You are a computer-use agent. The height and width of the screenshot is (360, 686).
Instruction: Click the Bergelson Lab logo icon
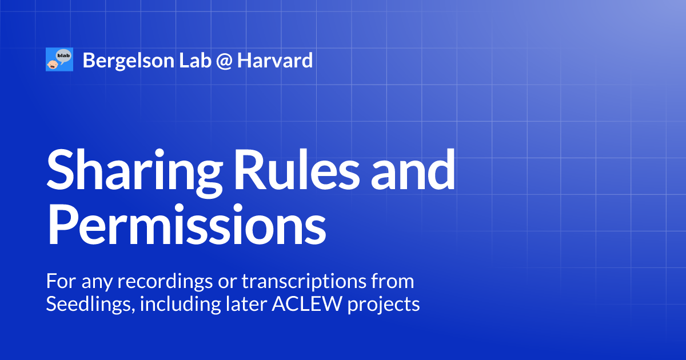pyautogui.click(x=59, y=60)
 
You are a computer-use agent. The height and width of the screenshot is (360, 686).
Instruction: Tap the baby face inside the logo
pyautogui.click(x=52, y=64)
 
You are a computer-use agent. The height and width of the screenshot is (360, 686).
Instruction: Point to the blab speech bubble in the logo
pyautogui.click(x=63, y=56)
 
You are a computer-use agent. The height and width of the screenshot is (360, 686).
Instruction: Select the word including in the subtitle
pyautogui.click(x=177, y=305)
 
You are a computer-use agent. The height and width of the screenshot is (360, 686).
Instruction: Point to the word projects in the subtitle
pyautogui.click(x=382, y=305)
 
